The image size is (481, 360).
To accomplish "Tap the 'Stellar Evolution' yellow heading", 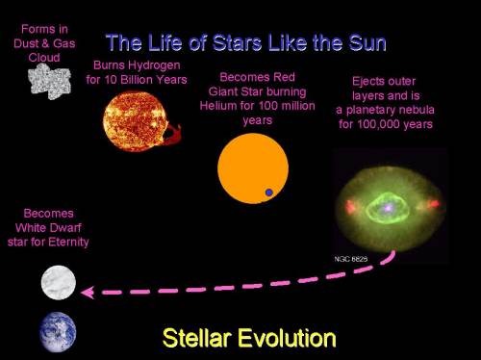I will (x=249, y=338).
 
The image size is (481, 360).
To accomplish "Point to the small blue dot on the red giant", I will (x=269, y=193).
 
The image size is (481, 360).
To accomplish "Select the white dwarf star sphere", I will (x=58, y=282).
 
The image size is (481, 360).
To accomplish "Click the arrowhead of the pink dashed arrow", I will (x=85, y=291).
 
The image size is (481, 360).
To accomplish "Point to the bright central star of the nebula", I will (x=388, y=204).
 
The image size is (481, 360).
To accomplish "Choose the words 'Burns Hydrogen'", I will (x=135, y=65).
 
